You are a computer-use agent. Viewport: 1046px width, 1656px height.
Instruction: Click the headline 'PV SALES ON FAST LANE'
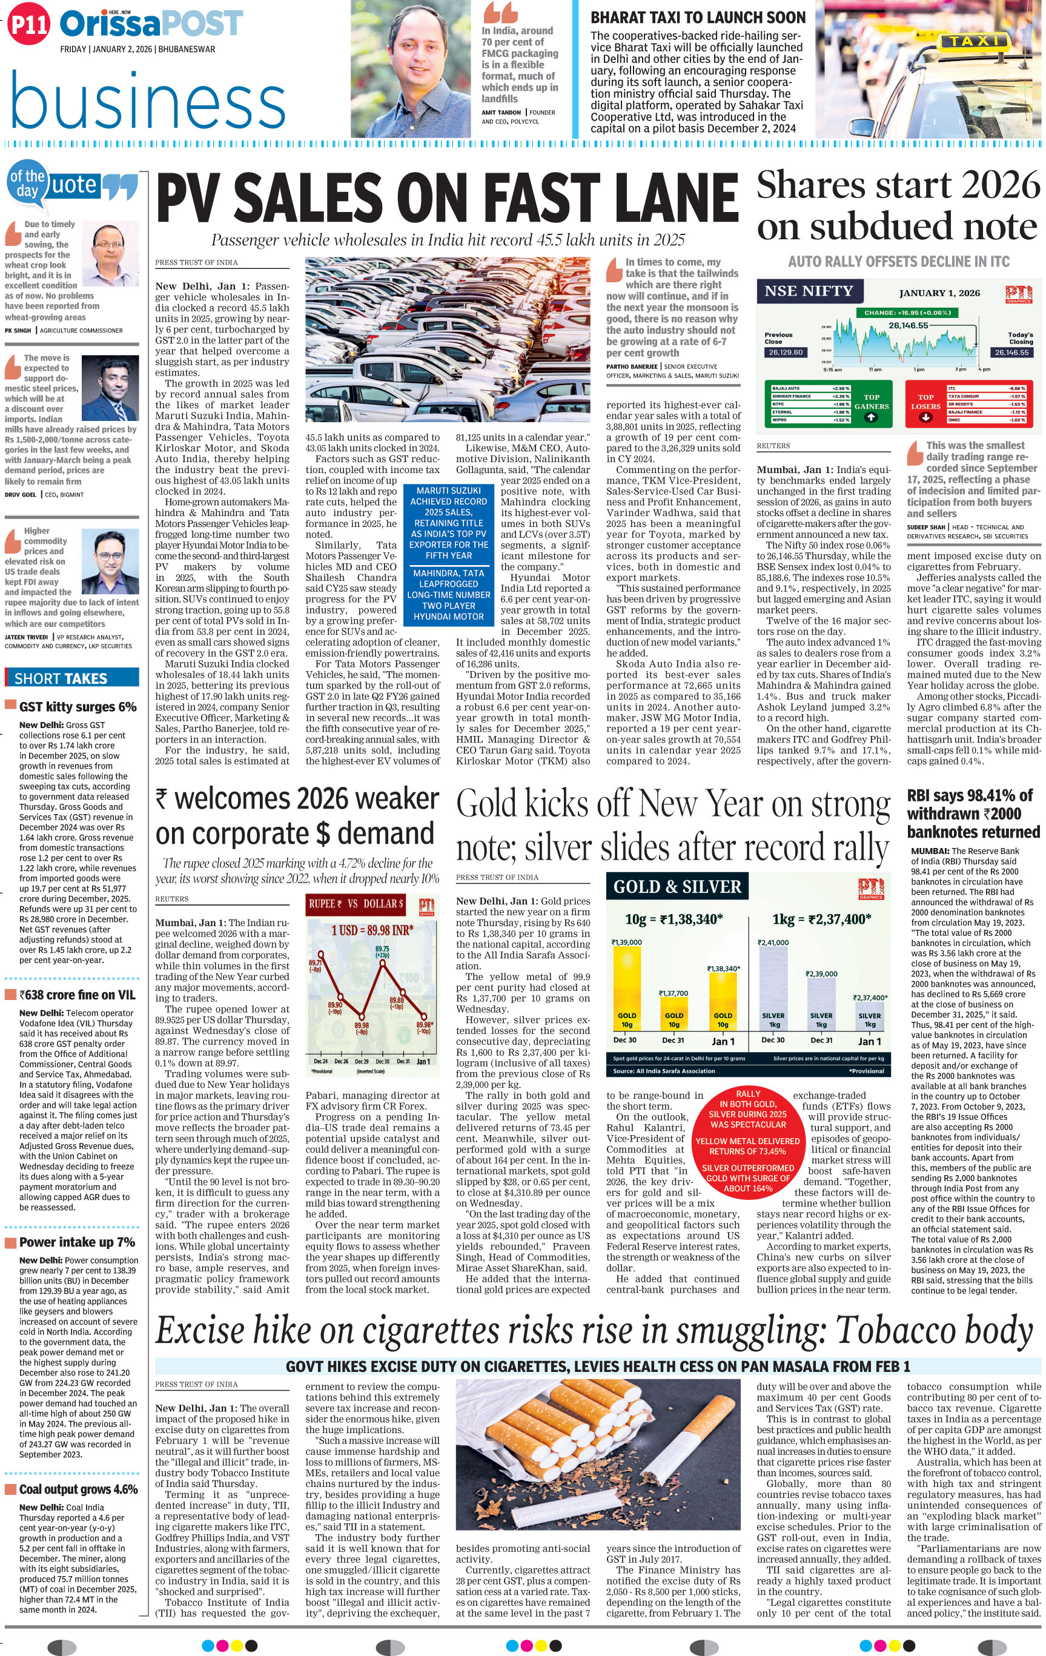(x=447, y=198)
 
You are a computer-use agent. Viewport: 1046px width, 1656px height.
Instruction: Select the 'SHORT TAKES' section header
(x=61, y=678)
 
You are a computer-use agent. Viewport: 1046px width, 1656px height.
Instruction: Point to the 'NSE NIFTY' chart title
(x=809, y=291)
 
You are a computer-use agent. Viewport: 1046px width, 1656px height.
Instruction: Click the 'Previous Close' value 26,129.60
(x=785, y=352)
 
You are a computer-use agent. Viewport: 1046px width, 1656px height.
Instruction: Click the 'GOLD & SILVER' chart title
(x=677, y=887)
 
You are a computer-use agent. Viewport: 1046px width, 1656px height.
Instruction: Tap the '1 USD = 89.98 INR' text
(x=372, y=930)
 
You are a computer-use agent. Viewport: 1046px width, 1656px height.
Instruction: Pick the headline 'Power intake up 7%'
(x=77, y=1242)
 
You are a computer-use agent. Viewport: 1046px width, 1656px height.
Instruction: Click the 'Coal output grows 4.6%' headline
(x=78, y=1489)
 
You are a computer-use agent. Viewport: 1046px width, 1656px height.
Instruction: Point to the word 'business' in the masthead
(x=148, y=103)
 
